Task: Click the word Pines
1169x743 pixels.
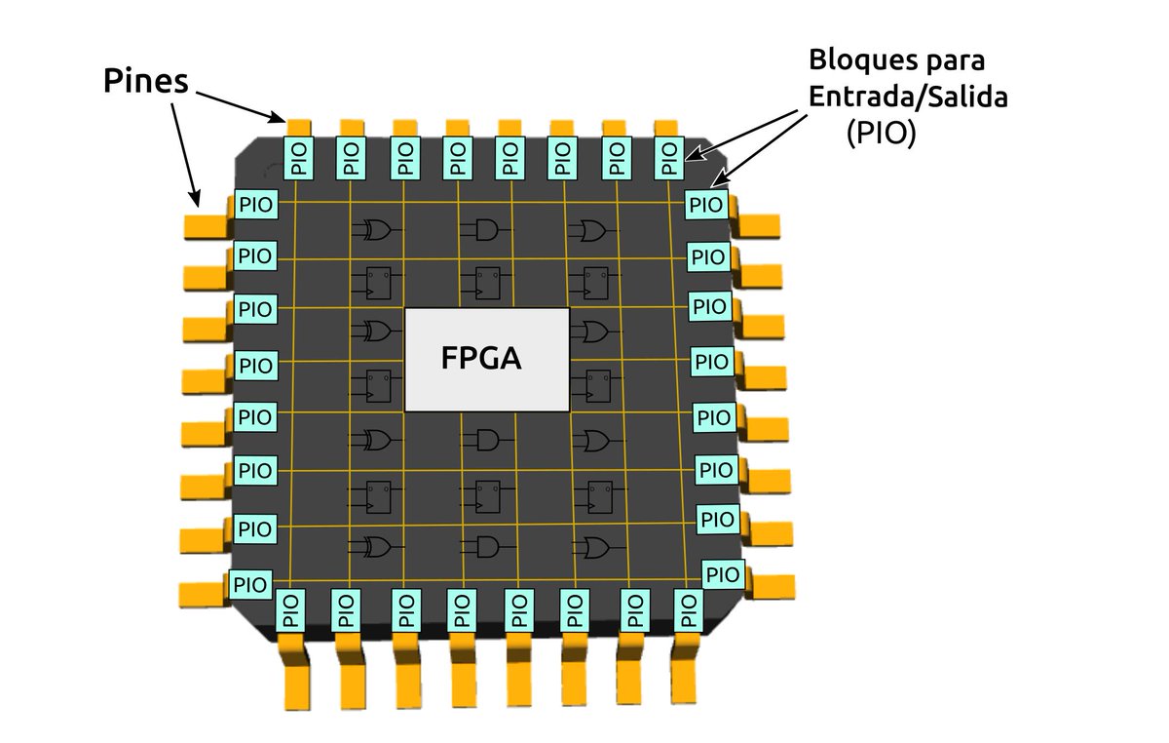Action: (x=145, y=82)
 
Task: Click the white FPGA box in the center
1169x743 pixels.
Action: (x=486, y=360)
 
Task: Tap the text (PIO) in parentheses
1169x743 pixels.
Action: (x=881, y=135)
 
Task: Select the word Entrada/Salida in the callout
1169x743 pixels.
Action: (x=897, y=98)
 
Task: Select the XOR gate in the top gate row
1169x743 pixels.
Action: (x=376, y=230)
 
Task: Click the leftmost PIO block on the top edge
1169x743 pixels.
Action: (x=297, y=158)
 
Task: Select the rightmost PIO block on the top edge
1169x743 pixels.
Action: (x=667, y=158)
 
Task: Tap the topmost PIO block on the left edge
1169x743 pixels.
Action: (x=256, y=205)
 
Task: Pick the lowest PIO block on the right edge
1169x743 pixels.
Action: (x=722, y=574)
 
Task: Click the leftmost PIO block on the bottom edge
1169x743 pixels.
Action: (x=290, y=609)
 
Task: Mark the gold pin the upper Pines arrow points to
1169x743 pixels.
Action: (x=298, y=127)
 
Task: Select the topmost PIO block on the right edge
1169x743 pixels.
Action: (x=706, y=205)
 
